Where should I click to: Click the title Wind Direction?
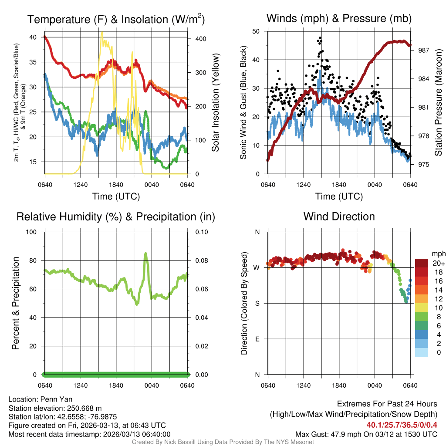tap(339, 216)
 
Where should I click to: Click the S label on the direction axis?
tap(257, 303)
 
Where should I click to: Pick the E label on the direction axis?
tap(257, 339)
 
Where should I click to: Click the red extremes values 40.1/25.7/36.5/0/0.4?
tap(402, 425)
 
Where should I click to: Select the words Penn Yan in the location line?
tap(57, 399)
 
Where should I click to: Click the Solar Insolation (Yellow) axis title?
tap(215, 102)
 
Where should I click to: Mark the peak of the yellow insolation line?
tap(102, 32)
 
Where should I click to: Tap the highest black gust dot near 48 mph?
tap(320, 38)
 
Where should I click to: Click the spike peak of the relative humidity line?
tap(145, 253)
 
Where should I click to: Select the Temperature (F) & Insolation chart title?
tap(116, 19)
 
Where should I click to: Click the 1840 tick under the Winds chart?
tap(339, 184)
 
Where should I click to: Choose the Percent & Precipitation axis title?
tap(16, 303)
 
